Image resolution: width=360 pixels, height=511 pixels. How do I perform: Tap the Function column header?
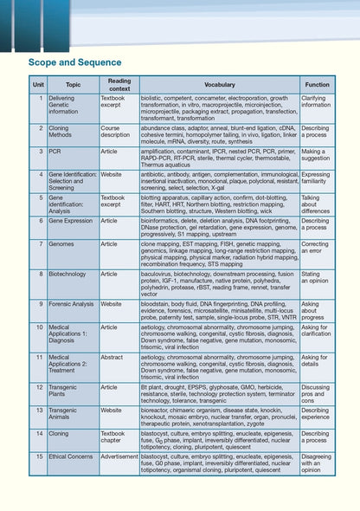[x=317, y=85]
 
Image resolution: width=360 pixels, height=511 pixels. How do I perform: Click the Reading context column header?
[x=119, y=85]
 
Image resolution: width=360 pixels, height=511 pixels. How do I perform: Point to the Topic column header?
[x=73, y=85]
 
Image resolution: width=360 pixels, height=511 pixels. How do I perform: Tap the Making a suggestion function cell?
[x=315, y=154]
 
